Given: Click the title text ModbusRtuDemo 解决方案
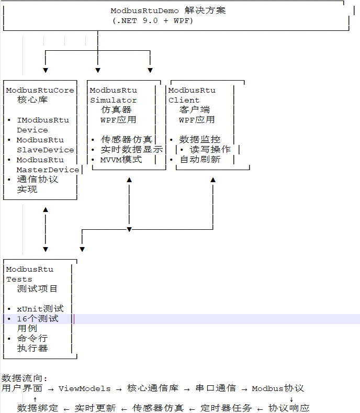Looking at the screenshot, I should click(x=168, y=10).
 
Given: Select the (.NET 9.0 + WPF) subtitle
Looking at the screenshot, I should click(x=152, y=20).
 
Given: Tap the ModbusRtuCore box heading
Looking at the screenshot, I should click(x=40, y=90).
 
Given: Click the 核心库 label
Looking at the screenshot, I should click(x=32, y=100).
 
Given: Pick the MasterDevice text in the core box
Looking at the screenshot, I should click(x=48, y=170).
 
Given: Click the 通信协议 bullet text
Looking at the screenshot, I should click(x=37, y=180).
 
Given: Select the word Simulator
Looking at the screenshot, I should click(x=113, y=100).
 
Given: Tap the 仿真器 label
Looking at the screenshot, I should click(x=116, y=110).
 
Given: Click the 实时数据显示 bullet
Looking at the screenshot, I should click(x=131, y=150).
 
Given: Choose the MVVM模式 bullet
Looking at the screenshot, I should click(x=121, y=160).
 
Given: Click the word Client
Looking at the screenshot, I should click(x=184, y=100).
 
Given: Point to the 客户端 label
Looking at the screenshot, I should click(x=194, y=110).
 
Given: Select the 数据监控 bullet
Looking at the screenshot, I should click(x=199, y=140).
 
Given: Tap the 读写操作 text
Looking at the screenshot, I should click(x=210, y=150).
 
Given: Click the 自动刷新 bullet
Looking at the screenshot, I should click(x=199, y=160).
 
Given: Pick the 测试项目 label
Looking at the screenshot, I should click(x=37, y=289).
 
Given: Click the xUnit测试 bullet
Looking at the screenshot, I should click(x=40, y=309).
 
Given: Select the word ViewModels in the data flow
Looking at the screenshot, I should click(x=84, y=388).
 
